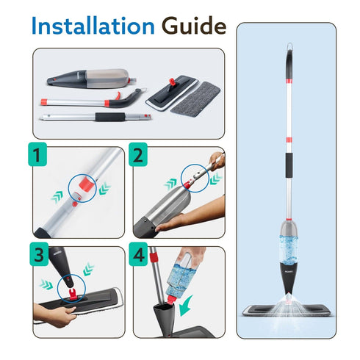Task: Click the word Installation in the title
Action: coord(93,26)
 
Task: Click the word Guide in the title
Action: coord(194,26)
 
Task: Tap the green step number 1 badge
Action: coord(37,154)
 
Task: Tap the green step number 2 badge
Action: coord(138,154)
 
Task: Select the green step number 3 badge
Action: coord(39,254)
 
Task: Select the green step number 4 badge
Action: coord(139,254)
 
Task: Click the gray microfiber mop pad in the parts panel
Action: coord(195,98)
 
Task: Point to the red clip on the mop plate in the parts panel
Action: coord(172,82)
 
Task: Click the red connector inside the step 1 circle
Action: coord(87,184)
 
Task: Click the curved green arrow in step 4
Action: coord(185,306)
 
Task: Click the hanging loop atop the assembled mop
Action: coord(289,46)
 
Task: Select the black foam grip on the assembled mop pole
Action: coord(289,165)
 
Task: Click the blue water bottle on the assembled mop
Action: coord(289,250)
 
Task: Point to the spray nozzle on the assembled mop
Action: coord(289,295)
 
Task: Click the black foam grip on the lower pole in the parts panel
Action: coord(110,117)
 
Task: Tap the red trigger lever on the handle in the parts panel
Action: coord(118,96)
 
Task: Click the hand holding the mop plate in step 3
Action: coord(56,314)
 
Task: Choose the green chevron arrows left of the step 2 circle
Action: coord(170,184)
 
